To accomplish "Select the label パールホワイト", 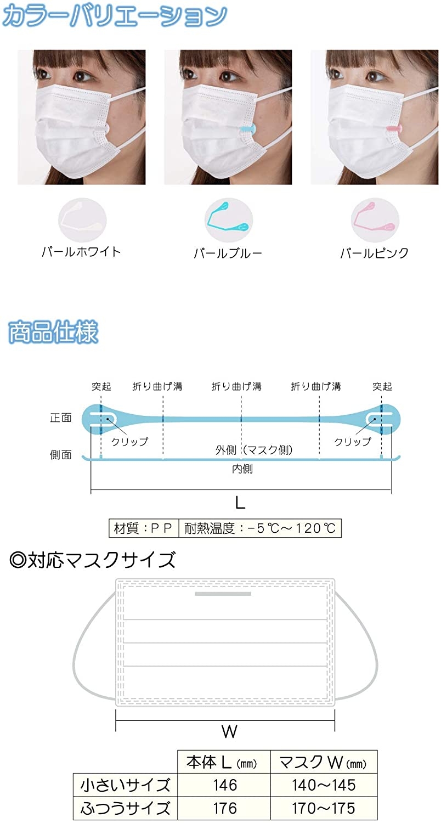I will tap(81, 252).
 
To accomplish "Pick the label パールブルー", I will tap(228, 253).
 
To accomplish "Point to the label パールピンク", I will tap(374, 253).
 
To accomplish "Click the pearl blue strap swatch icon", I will tap(228, 219).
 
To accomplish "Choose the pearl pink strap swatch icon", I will tap(374, 219).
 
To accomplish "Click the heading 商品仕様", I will tap(53, 332).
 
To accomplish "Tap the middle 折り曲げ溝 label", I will tap(236, 386).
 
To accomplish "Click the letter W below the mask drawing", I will tap(229, 730).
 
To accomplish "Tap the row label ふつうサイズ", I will tap(125, 809).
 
